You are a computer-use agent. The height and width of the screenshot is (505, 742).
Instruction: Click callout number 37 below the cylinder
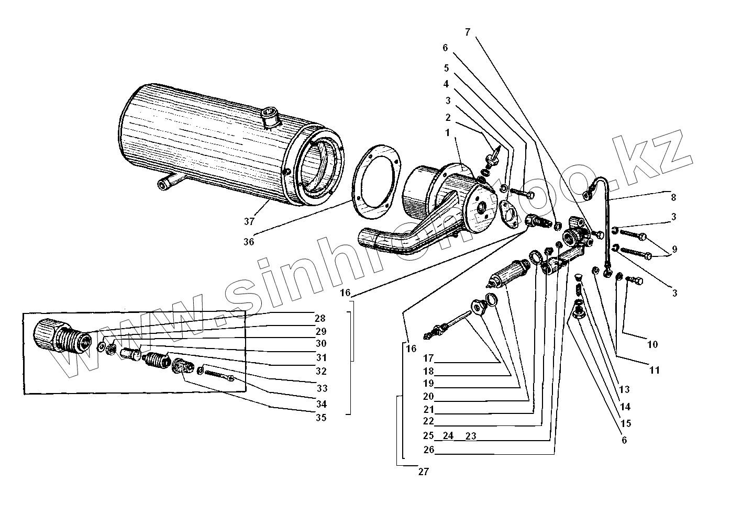click(249, 221)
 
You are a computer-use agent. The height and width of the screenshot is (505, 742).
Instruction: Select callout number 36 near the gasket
click(249, 241)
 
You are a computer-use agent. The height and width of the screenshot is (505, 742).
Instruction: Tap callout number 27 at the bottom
click(423, 472)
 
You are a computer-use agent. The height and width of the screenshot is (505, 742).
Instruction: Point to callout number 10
click(652, 344)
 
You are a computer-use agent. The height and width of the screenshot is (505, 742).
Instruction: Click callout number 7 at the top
click(468, 32)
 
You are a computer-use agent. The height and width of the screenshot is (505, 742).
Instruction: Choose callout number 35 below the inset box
click(320, 418)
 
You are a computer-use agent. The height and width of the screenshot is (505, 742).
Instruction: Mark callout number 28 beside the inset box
click(320, 318)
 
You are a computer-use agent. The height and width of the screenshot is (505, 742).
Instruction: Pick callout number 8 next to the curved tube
click(673, 197)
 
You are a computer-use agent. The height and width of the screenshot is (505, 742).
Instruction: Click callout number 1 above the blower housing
click(447, 133)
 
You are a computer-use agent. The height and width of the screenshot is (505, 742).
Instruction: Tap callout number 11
click(655, 371)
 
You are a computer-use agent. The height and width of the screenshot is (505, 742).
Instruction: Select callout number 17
click(429, 359)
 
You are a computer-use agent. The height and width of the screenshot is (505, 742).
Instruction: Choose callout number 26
click(428, 450)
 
